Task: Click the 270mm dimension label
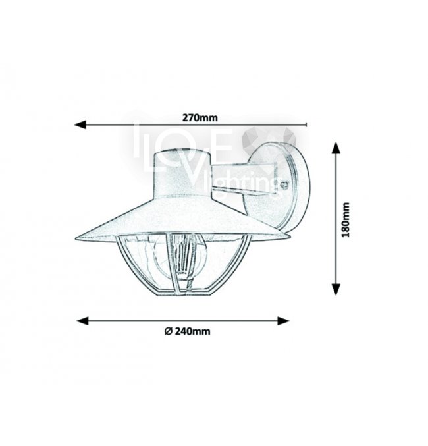pos(200,117)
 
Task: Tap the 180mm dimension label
pos(346,220)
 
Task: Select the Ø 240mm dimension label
pos(188,331)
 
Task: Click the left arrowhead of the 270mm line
pos(80,125)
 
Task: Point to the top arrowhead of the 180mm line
pos(336,148)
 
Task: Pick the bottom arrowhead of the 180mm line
pos(336,289)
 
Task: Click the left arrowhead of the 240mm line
pos(83,321)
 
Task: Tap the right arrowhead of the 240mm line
pos(283,321)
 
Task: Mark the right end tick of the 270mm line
pos(306,125)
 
